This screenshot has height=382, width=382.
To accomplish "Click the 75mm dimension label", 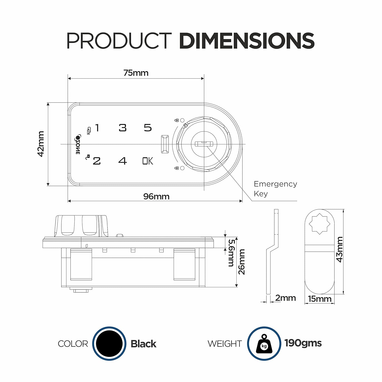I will pyautogui.click(x=136, y=73).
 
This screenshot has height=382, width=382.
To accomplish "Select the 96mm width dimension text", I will pyautogui.click(x=156, y=196).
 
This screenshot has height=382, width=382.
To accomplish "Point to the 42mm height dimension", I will pyautogui.click(x=41, y=144).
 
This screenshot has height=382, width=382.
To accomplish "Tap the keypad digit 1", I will pyautogui.click(x=97, y=128).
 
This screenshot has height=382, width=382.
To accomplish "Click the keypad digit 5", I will pyautogui.click(x=148, y=128).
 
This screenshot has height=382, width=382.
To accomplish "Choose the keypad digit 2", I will pyautogui.click(x=97, y=161).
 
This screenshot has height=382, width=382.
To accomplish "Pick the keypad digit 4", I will pyautogui.click(x=122, y=161).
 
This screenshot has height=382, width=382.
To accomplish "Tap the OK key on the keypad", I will pyautogui.click(x=148, y=161).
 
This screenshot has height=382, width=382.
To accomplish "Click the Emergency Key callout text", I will pyautogui.click(x=275, y=189).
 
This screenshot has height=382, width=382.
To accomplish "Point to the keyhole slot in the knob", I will pyautogui.click(x=203, y=144).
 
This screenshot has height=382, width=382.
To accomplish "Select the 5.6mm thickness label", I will pyautogui.click(x=231, y=253).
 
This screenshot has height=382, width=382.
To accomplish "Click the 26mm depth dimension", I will pyautogui.click(x=241, y=262).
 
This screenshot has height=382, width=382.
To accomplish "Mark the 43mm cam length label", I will pyautogui.click(x=340, y=249).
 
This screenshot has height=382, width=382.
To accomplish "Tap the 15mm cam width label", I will pyautogui.click(x=320, y=299).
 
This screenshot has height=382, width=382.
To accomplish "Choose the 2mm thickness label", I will pyautogui.click(x=285, y=298).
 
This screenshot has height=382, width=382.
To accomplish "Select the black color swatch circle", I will pyautogui.click(x=109, y=343).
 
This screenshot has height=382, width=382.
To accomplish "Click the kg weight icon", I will pyautogui.click(x=264, y=344).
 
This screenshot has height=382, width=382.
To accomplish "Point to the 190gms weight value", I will pyautogui.click(x=303, y=343).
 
